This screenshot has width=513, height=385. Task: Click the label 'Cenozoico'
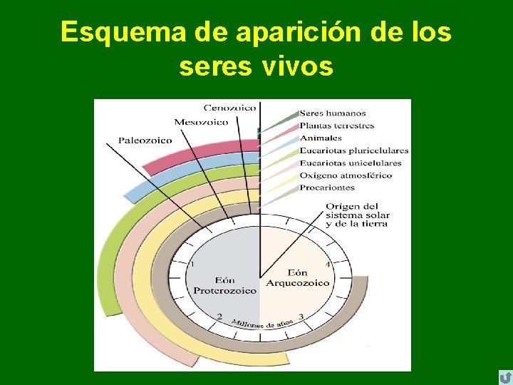point(229,108)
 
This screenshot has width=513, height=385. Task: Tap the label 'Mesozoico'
point(201,122)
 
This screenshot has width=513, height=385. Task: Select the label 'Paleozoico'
point(145,140)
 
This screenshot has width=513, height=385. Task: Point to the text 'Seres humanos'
point(333,113)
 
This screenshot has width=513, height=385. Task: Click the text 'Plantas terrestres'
point(336,126)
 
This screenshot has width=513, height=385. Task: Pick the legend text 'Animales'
point(321,138)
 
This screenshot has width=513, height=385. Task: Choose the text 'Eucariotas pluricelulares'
point(354,150)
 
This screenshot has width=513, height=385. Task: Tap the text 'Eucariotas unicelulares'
point(351,163)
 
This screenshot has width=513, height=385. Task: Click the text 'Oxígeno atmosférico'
point(346,175)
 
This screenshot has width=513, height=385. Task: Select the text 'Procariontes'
point(327,188)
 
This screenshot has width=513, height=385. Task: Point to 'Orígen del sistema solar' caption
point(356,215)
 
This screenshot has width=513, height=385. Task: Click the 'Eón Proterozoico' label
point(224,285)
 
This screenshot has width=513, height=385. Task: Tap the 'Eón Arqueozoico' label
point(298,278)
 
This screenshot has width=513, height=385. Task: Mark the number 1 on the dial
point(192,264)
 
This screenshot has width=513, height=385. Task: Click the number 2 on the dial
point(219,317)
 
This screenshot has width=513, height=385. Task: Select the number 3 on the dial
point(301,317)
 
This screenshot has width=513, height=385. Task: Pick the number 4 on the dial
point(328,265)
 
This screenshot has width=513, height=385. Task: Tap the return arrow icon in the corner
point(504,377)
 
